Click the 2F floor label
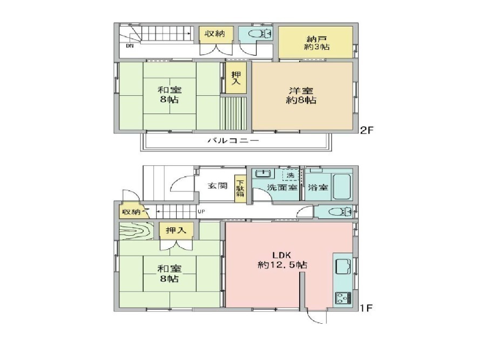(x=366, y=130)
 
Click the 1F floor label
(x=366, y=308)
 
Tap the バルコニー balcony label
(x=233, y=141)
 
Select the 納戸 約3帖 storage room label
(x=317, y=43)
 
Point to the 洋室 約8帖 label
(x=301, y=95)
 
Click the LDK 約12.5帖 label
(x=282, y=260)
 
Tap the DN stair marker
(x=130, y=46)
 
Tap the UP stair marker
(x=201, y=212)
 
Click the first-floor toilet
(x=340, y=212)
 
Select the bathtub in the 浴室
(x=342, y=186)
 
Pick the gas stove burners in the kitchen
(x=343, y=298)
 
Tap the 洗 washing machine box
(x=290, y=175)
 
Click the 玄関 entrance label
(x=218, y=186)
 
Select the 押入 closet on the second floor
(x=236, y=78)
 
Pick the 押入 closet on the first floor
(x=176, y=231)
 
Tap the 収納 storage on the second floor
(x=215, y=34)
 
